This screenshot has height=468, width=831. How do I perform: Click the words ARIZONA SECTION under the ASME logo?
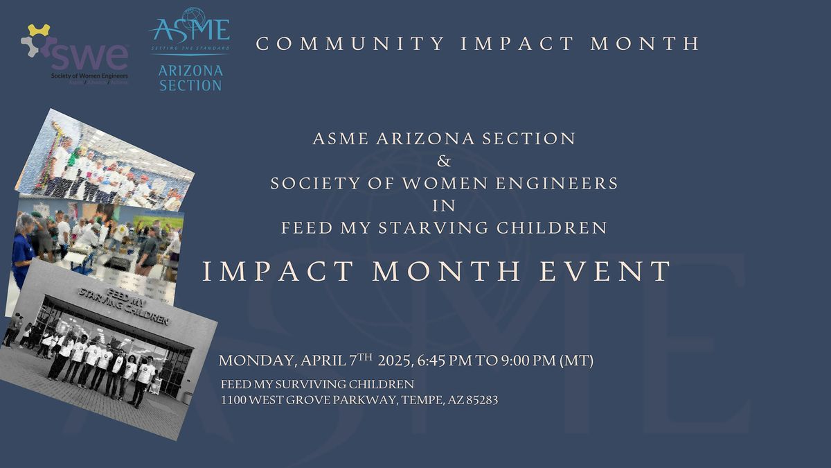click(x=190, y=78)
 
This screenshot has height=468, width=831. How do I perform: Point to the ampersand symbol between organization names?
click(x=444, y=162)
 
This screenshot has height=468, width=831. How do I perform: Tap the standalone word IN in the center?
click(x=444, y=206)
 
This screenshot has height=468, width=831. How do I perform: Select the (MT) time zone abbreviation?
click(x=576, y=361)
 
